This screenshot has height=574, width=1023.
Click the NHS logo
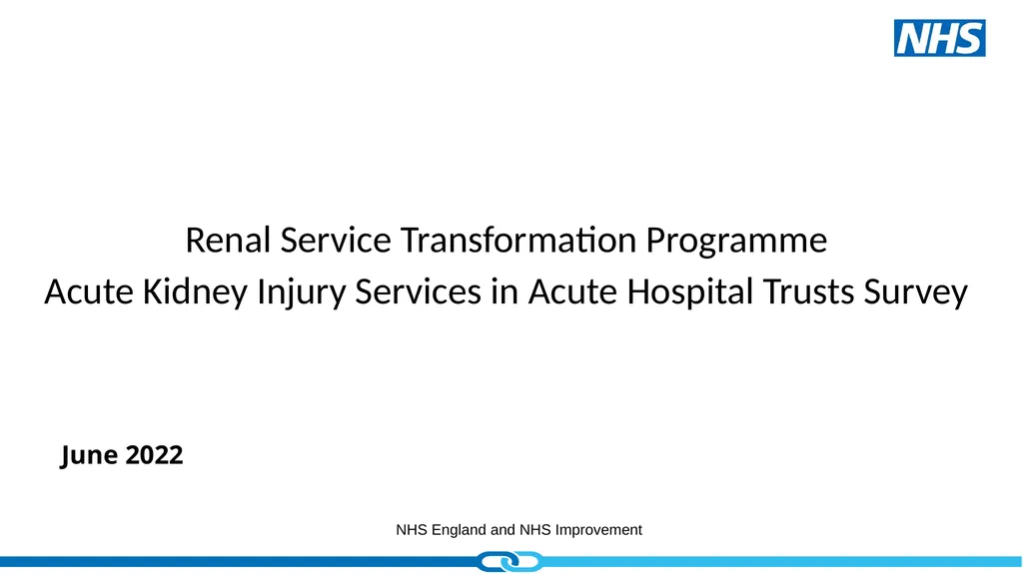pyautogui.click(x=939, y=38)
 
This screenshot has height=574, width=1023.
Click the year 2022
pyautogui.click(x=154, y=456)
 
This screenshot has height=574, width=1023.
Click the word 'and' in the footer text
pyautogui.click(x=504, y=530)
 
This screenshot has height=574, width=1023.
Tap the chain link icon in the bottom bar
pyautogui.click(x=511, y=564)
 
